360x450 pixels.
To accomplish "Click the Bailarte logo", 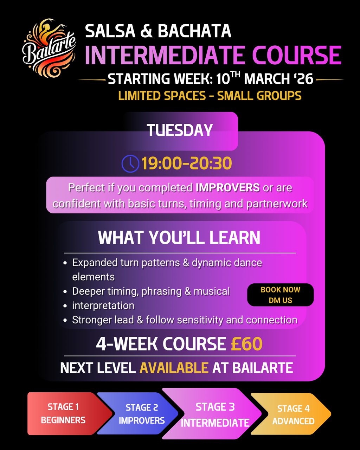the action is click(49, 48).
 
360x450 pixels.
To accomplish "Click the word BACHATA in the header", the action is click(194, 31).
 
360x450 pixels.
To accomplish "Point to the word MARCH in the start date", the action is click(267, 79).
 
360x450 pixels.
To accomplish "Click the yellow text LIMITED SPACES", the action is click(162, 96).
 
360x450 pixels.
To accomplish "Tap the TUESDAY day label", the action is click(180, 130).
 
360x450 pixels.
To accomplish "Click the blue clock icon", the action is click(130, 163).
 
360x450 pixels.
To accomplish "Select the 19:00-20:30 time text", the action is click(187, 163).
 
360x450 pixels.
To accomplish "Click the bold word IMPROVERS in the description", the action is click(227, 187).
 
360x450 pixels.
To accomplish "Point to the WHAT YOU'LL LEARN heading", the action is click(179, 237).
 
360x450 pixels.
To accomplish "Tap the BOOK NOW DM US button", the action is click(280, 295).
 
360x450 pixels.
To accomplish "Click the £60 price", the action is click(247, 344).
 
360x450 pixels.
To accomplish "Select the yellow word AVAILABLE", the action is click(174, 368).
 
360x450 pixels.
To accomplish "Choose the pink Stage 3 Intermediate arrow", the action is click(212, 414).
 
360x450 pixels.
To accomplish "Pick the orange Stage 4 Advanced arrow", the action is click(291, 414).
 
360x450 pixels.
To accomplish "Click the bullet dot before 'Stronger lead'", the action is click(65, 320).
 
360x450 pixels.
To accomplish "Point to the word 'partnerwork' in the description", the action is click(277, 204).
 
